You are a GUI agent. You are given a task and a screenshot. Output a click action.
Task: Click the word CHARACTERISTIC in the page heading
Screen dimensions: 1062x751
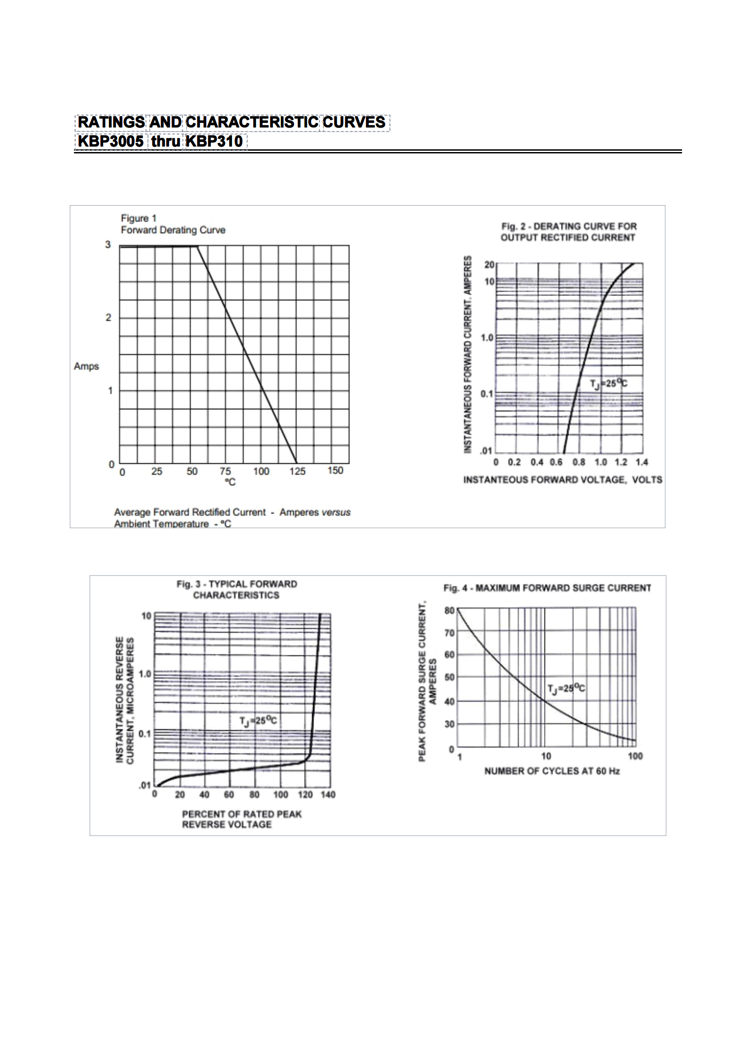pyautogui.click(x=252, y=122)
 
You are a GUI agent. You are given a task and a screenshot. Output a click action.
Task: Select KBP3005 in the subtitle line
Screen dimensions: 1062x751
pyautogui.click(x=111, y=141)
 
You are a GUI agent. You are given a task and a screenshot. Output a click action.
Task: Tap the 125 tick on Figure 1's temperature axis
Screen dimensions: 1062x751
pyautogui.click(x=297, y=471)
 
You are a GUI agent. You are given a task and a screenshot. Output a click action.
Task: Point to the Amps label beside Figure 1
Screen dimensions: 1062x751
pyautogui.click(x=87, y=366)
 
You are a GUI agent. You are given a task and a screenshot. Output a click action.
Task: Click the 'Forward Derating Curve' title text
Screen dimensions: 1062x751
pyautogui.click(x=173, y=230)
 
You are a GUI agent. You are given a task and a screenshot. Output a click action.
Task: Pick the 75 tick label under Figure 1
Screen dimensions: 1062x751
pyautogui.click(x=225, y=471)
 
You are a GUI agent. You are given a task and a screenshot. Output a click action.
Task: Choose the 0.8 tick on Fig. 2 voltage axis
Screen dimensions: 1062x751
pyautogui.click(x=579, y=462)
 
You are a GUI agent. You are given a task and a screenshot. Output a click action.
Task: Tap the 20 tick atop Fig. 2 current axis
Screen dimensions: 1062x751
pyautogui.click(x=489, y=265)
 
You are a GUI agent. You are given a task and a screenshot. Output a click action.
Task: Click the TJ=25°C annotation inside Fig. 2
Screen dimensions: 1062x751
pyautogui.click(x=609, y=383)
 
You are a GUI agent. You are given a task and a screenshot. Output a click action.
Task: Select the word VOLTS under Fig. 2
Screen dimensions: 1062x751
pyautogui.click(x=647, y=480)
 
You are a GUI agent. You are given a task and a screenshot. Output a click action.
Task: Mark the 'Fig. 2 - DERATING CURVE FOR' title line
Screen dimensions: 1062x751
pyautogui.click(x=569, y=226)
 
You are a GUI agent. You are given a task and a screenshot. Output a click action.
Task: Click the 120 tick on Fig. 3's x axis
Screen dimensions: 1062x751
pyautogui.click(x=305, y=794)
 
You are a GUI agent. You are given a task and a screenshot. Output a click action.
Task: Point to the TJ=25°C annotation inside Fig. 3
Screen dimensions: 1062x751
pyautogui.click(x=258, y=721)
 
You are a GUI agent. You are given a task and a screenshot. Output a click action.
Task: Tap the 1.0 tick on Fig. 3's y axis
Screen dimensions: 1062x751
pyautogui.click(x=145, y=674)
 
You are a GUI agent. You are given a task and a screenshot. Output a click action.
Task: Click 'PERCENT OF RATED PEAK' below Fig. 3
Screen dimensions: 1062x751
pyautogui.click(x=241, y=814)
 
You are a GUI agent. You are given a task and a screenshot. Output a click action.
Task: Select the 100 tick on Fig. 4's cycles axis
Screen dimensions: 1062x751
pyautogui.click(x=635, y=756)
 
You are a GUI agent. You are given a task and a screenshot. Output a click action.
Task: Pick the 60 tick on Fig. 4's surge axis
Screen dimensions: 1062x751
pyautogui.click(x=450, y=654)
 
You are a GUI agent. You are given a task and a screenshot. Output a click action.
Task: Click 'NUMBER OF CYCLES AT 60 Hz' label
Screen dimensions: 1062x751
pyautogui.click(x=552, y=771)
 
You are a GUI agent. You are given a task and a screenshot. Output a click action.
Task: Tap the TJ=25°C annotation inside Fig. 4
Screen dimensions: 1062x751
pyautogui.click(x=566, y=689)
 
